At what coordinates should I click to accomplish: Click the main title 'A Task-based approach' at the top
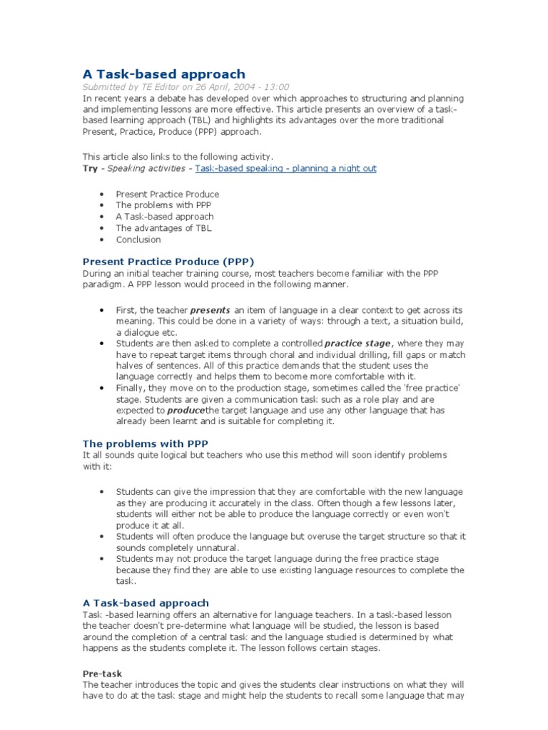tap(163, 74)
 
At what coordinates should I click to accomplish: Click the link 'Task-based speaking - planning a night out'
tap(285, 168)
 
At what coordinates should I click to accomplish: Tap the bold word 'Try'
tap(90, 168)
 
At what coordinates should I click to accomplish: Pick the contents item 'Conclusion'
tap(138, 240)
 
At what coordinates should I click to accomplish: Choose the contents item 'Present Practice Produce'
tap(167, 194)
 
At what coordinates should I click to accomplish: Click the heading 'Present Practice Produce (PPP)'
tap(168, 261)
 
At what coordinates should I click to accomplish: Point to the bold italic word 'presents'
tap(210, 310)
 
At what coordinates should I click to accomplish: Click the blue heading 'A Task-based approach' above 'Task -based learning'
tap(146, 602)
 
